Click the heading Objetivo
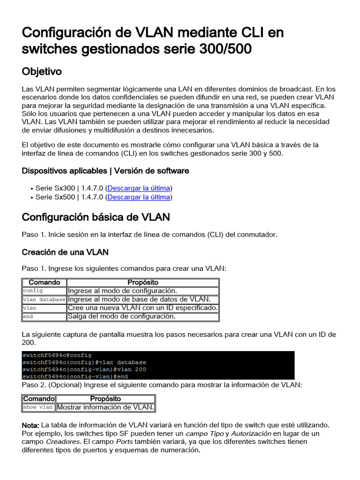point(42,71)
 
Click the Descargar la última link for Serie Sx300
point(139,188)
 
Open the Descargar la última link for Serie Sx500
point(139,197)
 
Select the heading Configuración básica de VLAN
point(96,217)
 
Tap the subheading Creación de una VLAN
point(65,252)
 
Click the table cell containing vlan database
point(45,300)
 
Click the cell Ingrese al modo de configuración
point(122,291)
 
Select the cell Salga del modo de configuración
point(121,316)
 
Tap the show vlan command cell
point(38,407)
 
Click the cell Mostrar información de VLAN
point(105,407)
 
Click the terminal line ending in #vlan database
point(84,362)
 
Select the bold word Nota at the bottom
point(30,425)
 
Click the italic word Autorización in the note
point(251,434)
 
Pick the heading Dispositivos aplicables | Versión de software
point(105,171)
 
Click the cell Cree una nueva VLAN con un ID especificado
point(142,308)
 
